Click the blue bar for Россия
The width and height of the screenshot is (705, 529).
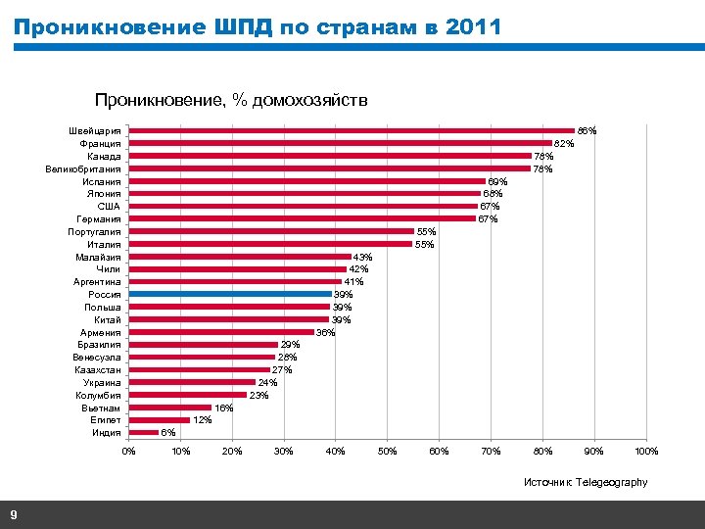click(x=231, y=294)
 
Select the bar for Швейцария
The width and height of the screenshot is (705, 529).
click(x=352, y=130)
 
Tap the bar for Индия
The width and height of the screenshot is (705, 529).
click(x=144, y=432)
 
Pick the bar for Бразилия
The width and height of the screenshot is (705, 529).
click(x=204, y=345)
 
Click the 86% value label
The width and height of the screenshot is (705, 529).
click(x=587, y=130)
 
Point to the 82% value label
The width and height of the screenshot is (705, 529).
click(x=564, y=144)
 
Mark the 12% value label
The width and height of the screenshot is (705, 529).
click(x=202, y=420)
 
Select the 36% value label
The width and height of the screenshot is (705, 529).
click(x=325, y=333)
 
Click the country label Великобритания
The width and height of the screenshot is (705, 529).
click(x=83, y=168)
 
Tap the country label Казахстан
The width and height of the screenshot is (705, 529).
click(x=97, y=370)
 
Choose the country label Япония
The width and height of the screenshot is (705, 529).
click(x=104, y=194)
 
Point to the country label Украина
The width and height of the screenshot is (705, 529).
click(x=102, y=383)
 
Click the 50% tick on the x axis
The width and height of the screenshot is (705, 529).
click(x=388, y=452)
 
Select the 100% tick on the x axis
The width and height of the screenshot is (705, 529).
click(x=646, y=452)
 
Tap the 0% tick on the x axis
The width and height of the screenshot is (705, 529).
click(x=129, y=452)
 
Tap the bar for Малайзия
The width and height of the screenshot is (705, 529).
click(x=241, y=257)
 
